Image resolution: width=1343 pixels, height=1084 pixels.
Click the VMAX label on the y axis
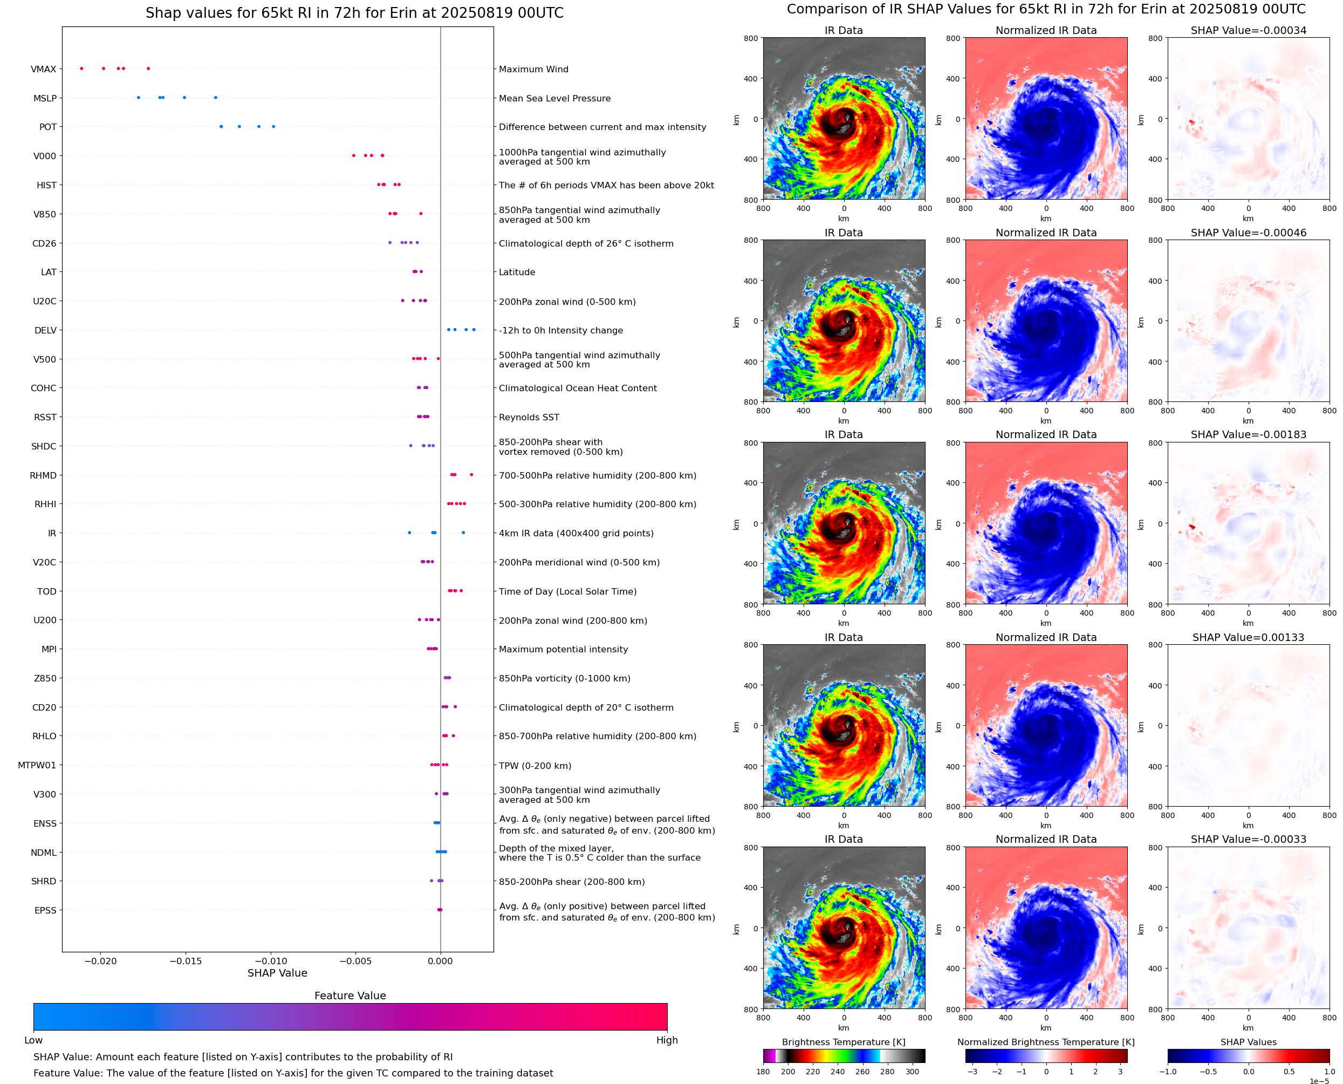click(x=43, y=69)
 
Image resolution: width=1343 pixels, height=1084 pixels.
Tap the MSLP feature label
click(x=45, y=98)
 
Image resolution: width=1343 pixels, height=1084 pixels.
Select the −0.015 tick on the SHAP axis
click(x=186, y=961)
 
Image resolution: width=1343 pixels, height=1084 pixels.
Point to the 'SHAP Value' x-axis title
click(x=277, y=973)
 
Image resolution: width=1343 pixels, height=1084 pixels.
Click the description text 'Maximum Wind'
click(x=533, y=69)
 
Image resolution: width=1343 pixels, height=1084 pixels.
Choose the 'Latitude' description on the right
click(x=517, y=272)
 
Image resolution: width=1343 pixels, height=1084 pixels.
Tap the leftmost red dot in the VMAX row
click(x=82, y=69)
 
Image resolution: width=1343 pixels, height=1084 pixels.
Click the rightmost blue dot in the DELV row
click(x=474, y=330)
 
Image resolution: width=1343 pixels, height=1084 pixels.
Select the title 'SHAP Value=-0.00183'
click(x=1248, y=434)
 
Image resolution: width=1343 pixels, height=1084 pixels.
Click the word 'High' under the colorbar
click(x=667, y=1040)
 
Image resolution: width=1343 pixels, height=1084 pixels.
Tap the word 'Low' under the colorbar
click(x=33, y=1040)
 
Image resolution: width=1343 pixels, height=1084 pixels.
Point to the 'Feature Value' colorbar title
click(x=350, y=996)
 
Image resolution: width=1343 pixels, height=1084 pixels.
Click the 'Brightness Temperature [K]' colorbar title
click(x=843, y=1042)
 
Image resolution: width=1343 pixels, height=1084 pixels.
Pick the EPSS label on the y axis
click(x=45, y=910)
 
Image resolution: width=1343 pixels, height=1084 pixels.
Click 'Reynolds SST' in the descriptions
click(x=529, y=417)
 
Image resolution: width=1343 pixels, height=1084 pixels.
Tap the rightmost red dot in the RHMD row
click(x=471, y=475)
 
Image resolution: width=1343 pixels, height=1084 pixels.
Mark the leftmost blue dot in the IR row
click(x=409, y=533)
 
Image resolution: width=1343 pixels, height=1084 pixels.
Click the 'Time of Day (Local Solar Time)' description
click(x=567, y=591)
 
